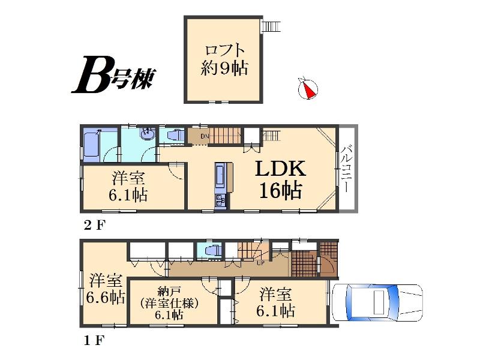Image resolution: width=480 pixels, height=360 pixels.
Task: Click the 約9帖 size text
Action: [x=224, y=68]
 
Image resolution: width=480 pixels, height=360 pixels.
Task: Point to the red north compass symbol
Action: [x=308, y=88]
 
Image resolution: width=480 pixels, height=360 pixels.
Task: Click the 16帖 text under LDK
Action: [x=280, y=190]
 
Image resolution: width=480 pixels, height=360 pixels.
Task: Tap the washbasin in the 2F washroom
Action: [x=146, y=136]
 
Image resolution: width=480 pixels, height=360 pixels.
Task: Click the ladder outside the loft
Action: [x=271, y=26]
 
